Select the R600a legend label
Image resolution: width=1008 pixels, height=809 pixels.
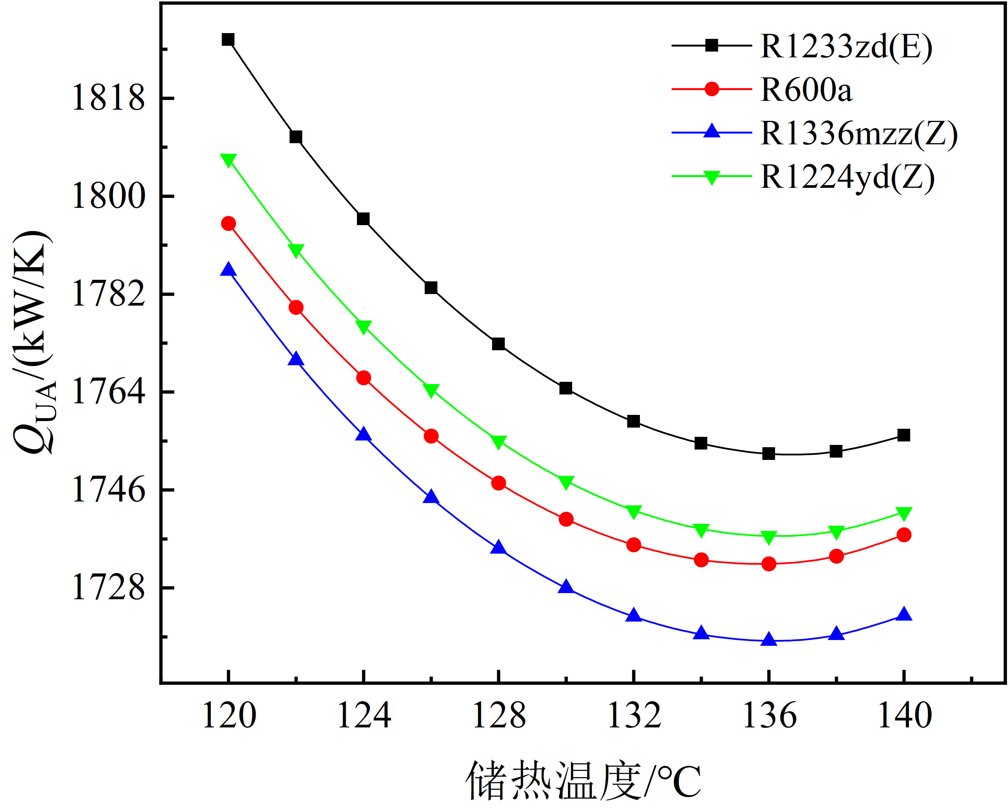(x=806, y=90)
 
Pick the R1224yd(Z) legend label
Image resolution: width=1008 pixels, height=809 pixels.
(x=847, y=177)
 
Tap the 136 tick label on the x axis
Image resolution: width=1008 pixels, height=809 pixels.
(x=769, y=716)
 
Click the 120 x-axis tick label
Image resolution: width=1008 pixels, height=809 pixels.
(x=229, y=716)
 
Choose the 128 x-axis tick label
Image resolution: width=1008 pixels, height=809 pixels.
(x=499, y=716)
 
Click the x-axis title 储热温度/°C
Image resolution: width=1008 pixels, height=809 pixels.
(x=583, y=781)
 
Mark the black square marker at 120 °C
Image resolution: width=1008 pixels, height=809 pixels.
(x=228, y=40)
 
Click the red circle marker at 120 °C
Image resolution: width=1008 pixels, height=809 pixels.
(x=228, y=223)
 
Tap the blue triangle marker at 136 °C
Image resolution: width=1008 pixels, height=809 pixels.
(x=769, y=639)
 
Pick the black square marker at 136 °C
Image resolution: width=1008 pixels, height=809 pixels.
(x=769, y=453)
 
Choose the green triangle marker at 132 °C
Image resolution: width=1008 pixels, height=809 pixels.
(x=633, y=512)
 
